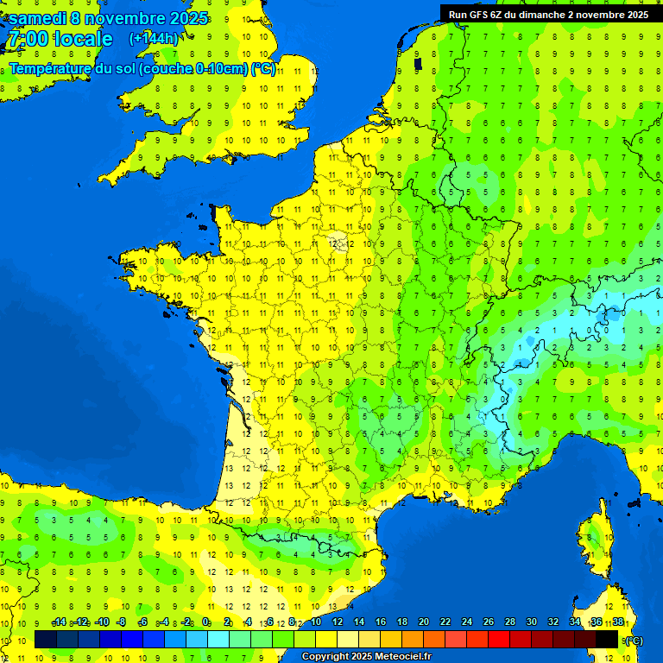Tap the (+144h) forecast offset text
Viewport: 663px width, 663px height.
154,38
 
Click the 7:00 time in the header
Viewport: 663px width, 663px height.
28,39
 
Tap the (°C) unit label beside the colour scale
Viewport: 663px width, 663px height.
633,641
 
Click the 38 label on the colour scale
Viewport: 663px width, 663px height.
617,622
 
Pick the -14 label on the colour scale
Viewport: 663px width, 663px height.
59,622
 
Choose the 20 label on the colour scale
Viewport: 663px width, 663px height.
424,622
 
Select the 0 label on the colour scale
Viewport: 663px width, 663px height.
205,622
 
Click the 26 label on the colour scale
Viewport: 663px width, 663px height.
489,622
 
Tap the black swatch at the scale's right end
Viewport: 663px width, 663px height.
607,640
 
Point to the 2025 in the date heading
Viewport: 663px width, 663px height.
188,17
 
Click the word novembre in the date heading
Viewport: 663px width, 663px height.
125,17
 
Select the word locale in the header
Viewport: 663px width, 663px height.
83,39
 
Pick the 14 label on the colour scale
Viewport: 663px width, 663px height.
359,622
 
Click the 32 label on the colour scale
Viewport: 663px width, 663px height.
553,622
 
